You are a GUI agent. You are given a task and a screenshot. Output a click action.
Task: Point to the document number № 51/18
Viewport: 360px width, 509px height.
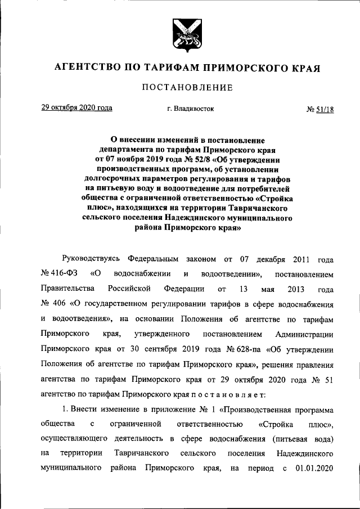[320, 109]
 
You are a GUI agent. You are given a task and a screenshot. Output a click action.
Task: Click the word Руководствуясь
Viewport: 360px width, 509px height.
[91, 260]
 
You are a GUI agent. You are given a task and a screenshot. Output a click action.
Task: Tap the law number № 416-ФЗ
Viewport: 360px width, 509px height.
[59, 274]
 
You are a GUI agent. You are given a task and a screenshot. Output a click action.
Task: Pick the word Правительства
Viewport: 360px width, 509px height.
[65, 289]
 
